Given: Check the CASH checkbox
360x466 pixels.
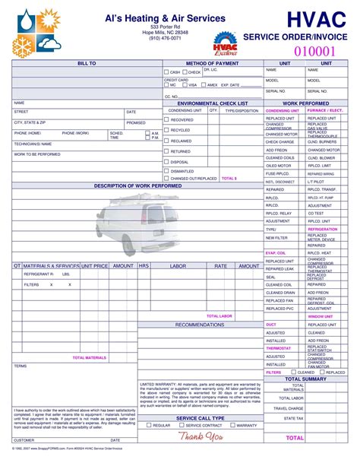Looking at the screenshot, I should coord(167,73).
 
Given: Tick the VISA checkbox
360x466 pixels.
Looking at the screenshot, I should coord(185,85).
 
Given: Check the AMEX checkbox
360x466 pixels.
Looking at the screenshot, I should coord(203,85).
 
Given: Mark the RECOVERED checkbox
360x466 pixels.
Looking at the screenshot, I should coord(167,119).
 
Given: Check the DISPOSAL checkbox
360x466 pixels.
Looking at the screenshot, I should coord(167,162).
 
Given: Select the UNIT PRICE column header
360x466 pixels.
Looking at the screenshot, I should coord(95,266).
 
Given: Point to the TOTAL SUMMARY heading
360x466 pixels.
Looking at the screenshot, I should coord(305,378).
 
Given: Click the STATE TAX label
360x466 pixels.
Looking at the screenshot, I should coord(294,418).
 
